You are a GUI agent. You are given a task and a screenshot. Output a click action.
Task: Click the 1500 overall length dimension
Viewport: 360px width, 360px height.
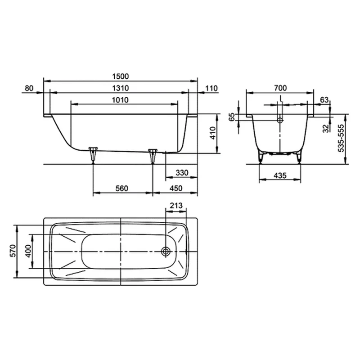120,76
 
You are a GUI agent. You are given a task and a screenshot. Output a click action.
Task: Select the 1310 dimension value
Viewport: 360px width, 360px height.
120,88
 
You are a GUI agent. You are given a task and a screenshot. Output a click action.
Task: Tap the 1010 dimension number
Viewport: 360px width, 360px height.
120,100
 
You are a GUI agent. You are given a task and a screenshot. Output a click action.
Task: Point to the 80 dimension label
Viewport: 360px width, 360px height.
29,88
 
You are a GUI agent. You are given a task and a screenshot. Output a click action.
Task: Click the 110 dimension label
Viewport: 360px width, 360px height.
211,88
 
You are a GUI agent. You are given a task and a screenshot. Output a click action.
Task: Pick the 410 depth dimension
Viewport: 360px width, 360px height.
212,133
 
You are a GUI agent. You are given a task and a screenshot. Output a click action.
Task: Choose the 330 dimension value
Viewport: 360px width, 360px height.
182,173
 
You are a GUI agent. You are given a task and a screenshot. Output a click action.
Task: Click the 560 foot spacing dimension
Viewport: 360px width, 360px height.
121,189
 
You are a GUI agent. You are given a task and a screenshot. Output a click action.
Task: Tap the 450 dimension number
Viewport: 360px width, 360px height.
176,189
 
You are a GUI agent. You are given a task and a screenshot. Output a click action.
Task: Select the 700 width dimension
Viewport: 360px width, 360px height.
280,88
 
